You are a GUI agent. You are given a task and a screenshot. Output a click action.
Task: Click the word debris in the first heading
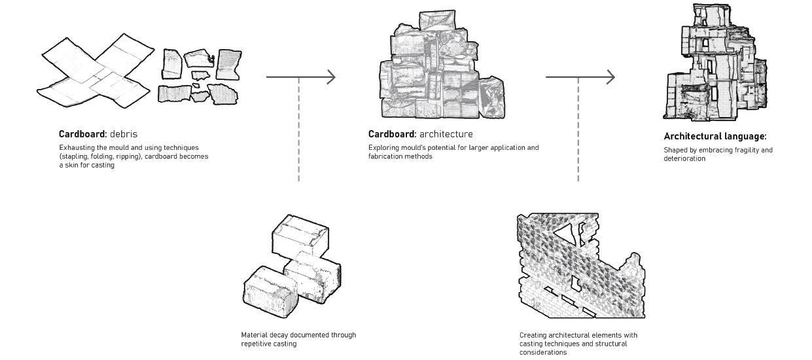pyautogui.click(x=124, y=134)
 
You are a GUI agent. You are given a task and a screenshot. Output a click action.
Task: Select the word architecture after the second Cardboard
pyautogui.click(x=446, y=134)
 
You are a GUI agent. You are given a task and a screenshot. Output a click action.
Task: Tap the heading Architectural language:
pyautogui.click(x=715, y=137)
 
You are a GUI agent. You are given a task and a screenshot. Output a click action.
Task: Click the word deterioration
pyautogui.click(x=684, y=158)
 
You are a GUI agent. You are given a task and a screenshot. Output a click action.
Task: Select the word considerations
pyautogui.click(x=543, y=352)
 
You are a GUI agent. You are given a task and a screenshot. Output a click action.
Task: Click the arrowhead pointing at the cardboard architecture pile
pyautogui.click(x=331, y=77)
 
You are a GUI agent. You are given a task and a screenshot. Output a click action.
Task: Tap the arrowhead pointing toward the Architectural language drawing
pyautogui.click(x=610, y=77)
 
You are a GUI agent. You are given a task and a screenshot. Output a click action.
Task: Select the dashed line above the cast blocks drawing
pyautogui.click(x=299, y=131)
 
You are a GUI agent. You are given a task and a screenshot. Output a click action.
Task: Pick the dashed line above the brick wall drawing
pyautogui.click(x=578, y=131)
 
